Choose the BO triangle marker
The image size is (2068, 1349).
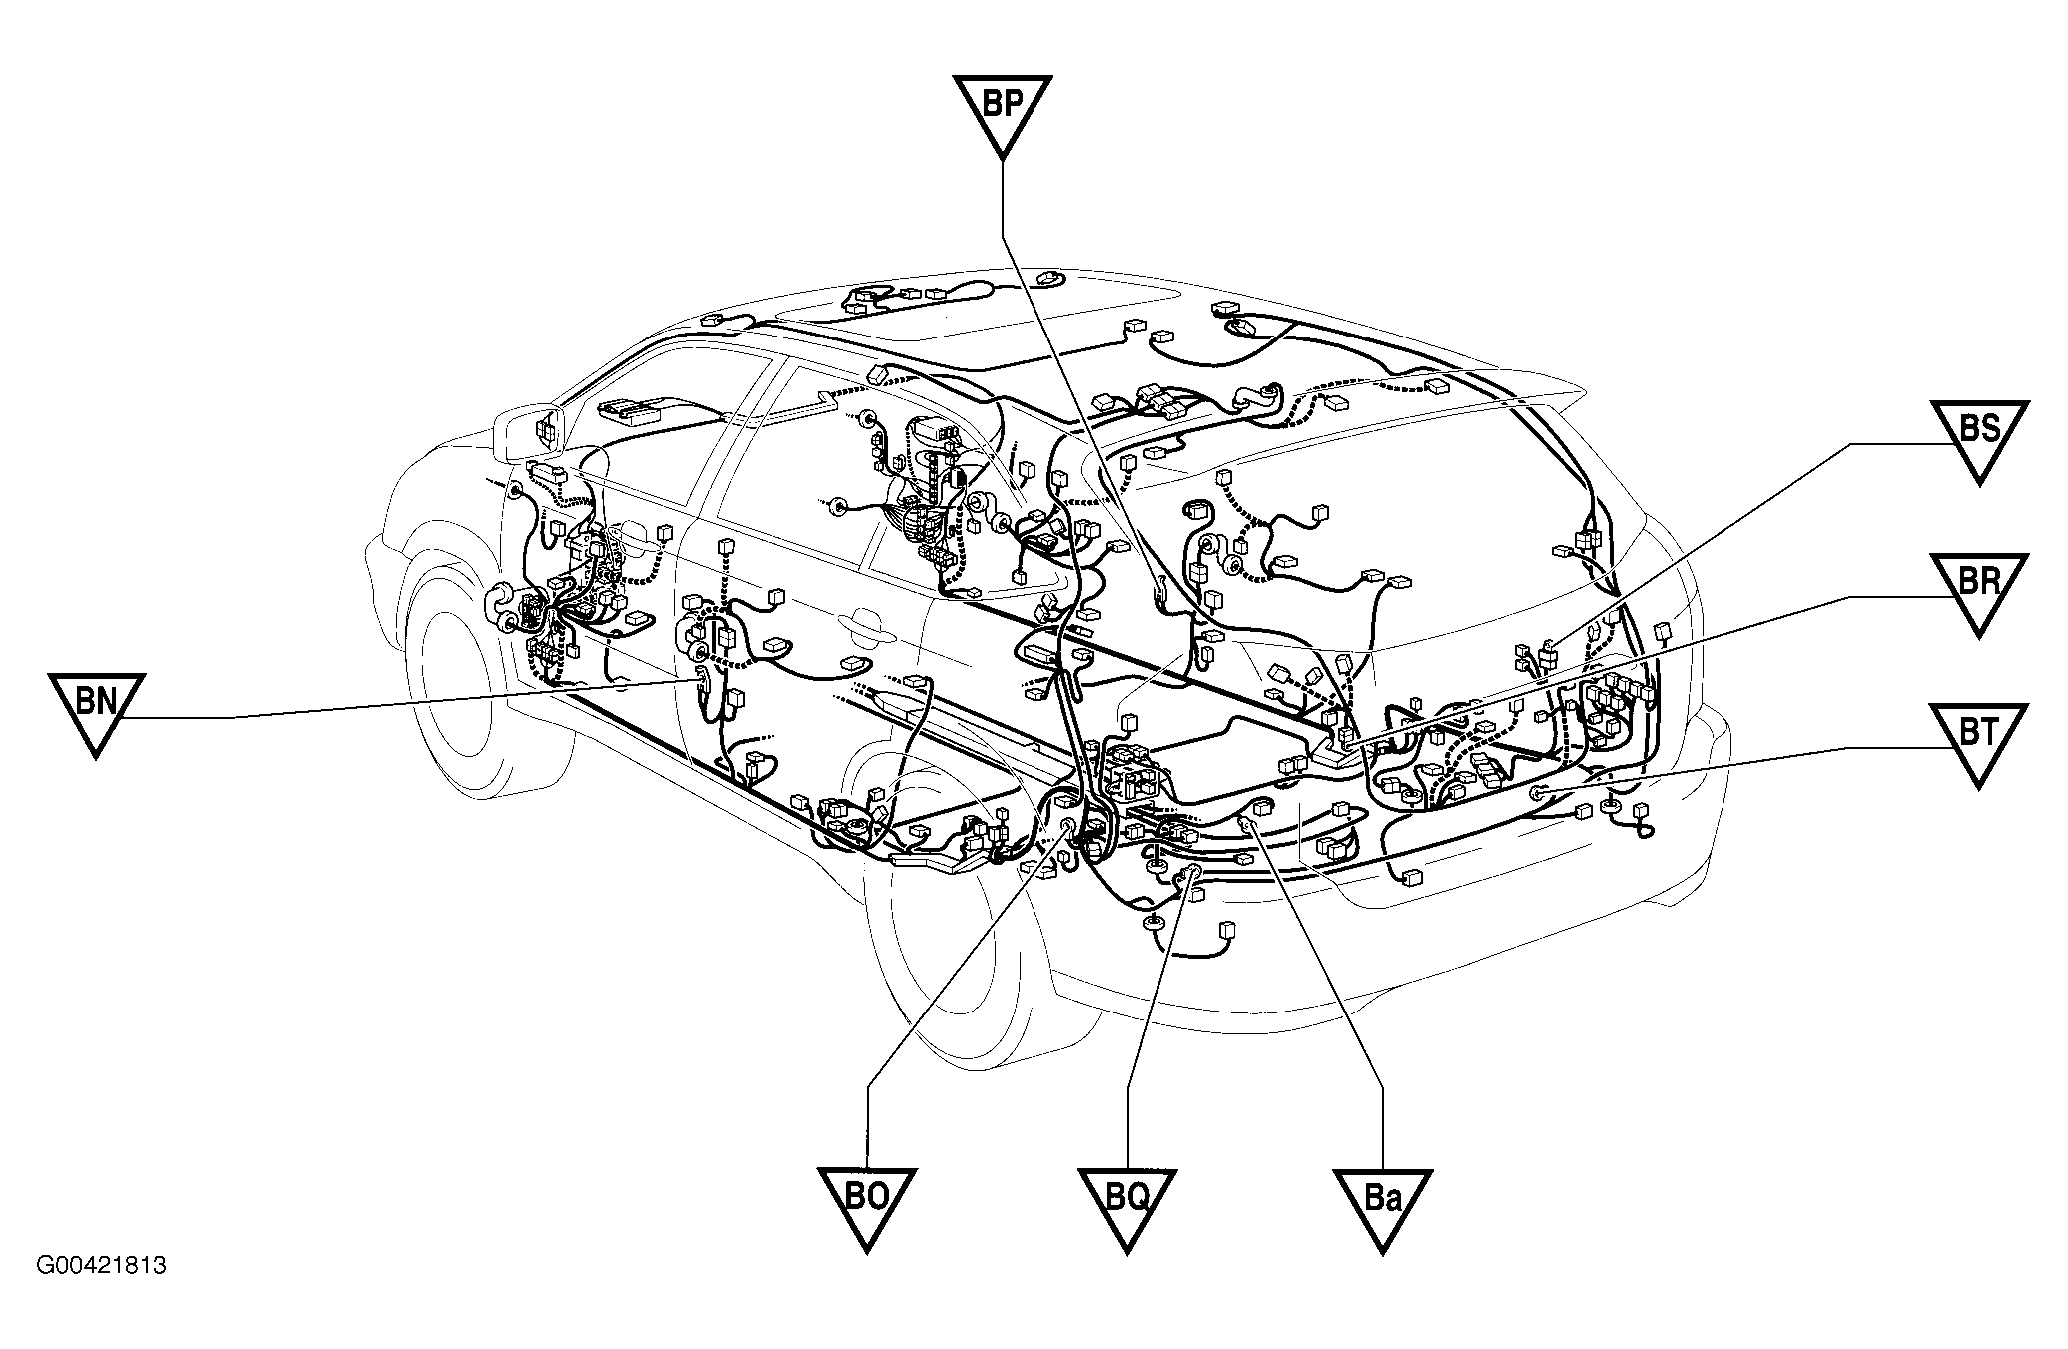click(x=866, y=1204)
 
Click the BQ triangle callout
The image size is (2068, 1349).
click(x=1126, y=1204)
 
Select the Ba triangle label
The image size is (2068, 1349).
click(x=1382, y=1204)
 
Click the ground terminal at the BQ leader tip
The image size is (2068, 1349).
click(x=1191, y=875)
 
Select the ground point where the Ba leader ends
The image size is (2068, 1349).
click(x=1245, y=822)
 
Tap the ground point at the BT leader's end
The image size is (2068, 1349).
click(x=1537, y=792)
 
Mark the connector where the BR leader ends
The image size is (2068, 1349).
click(x=1347, y=740)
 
